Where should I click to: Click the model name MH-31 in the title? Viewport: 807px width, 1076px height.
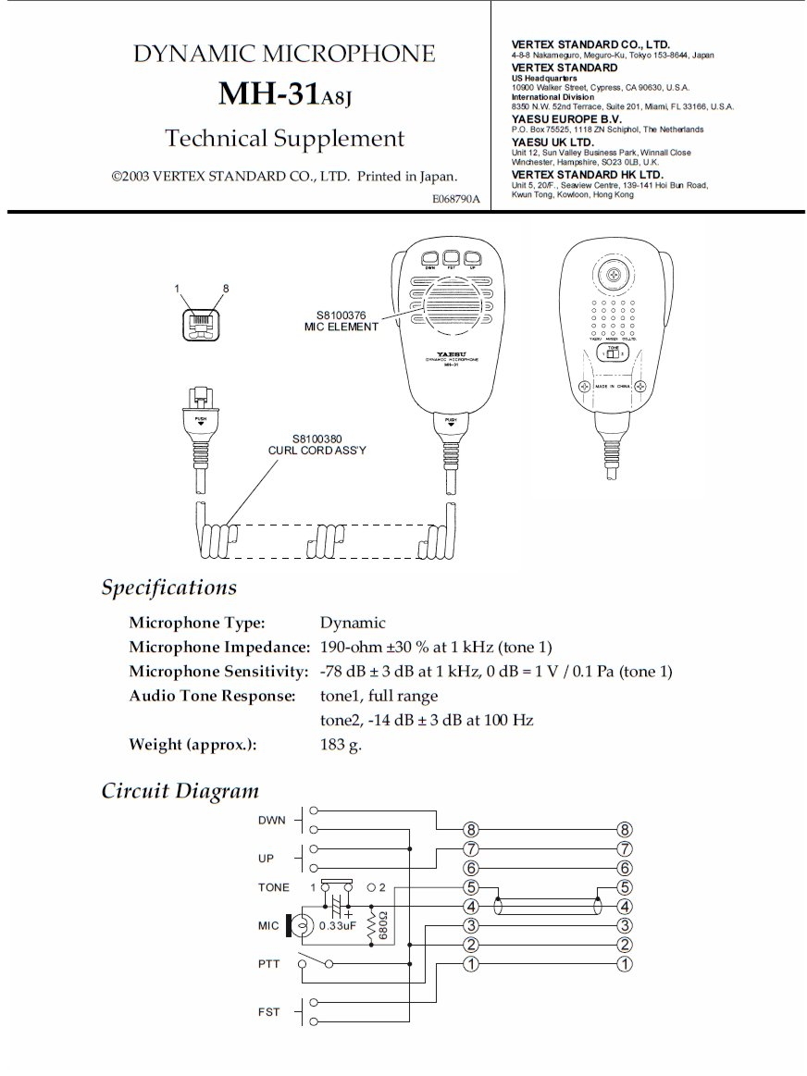click(269, 93)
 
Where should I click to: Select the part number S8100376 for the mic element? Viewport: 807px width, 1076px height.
click(341, 315)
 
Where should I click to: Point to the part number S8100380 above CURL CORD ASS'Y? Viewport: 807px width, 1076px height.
click(317, 439)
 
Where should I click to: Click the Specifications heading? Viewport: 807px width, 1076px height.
click(168, 587)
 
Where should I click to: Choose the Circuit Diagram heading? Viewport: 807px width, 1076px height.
click(180, 791)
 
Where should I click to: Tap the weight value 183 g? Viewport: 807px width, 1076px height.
click(341, 744)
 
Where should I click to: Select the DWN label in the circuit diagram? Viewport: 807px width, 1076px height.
click(272, 820)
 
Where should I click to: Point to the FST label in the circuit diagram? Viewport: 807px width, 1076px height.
click(268, 1012)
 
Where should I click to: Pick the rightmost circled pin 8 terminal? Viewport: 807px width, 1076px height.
click(625, 830)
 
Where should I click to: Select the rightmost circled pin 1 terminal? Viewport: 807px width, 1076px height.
click(625, 965)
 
